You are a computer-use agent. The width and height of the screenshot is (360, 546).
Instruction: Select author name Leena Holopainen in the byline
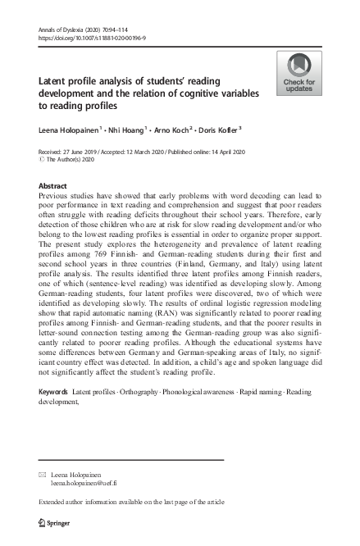pyautogui.click(x=71, y=130)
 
